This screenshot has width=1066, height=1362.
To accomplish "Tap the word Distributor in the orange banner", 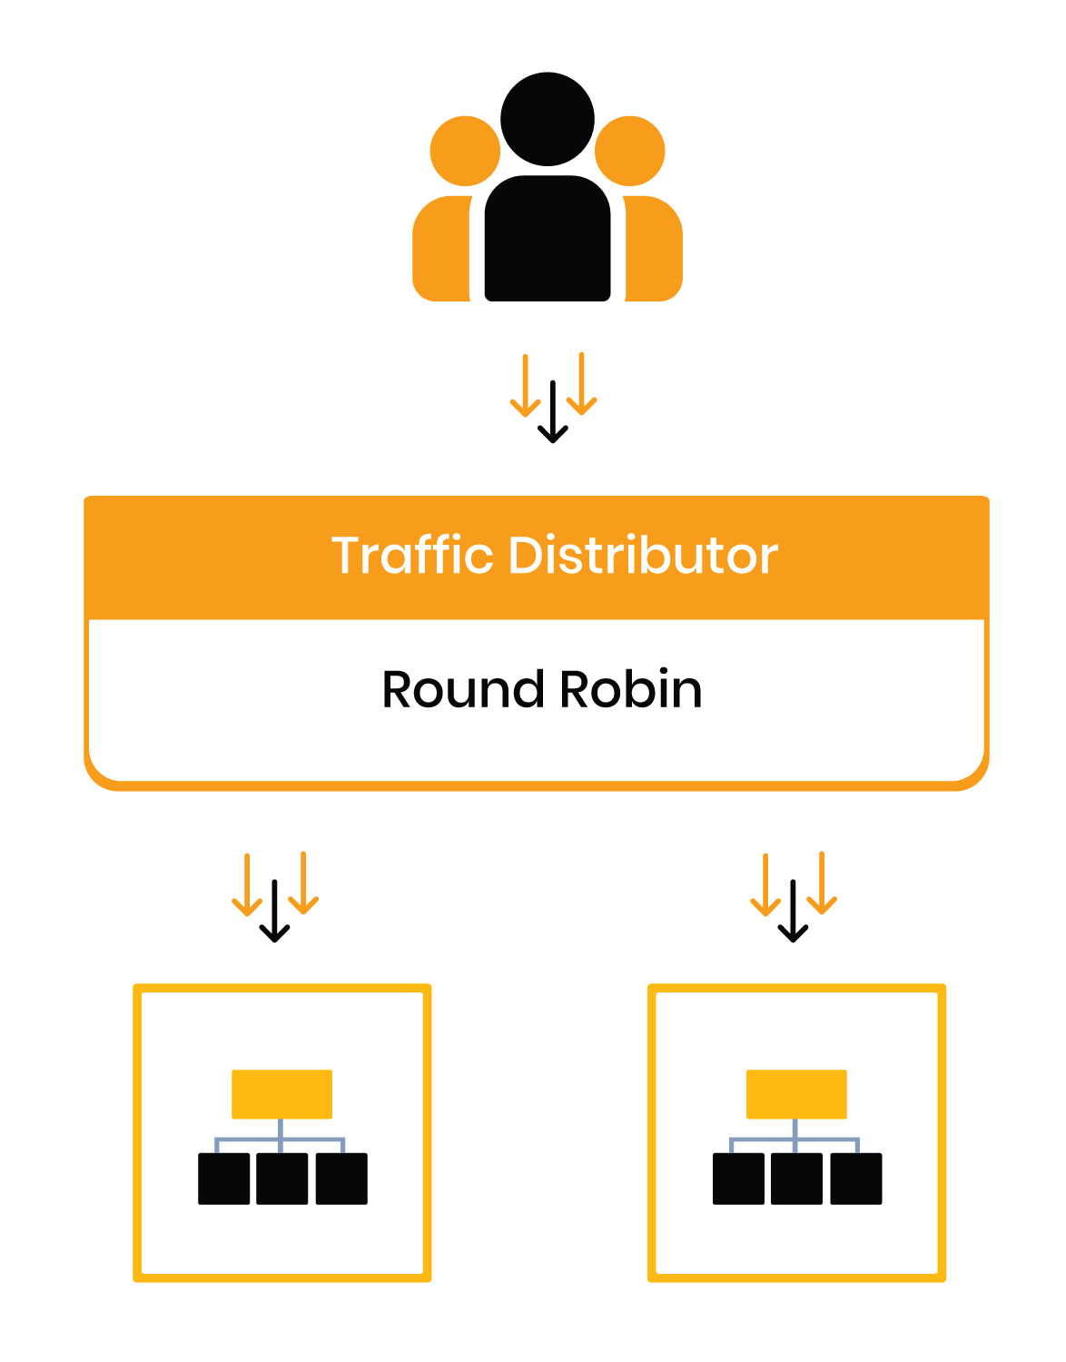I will click(x=643, y=555).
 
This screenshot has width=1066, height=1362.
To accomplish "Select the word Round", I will click(x=463, y=689).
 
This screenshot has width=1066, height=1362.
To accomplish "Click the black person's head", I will click(x=548, y=119).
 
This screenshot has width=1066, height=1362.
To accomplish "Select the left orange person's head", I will click(x=464, y=151).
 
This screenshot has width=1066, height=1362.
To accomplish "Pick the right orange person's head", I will click(x=631, y=151).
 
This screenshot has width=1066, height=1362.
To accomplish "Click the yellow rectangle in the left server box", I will click(x=281, y=1094).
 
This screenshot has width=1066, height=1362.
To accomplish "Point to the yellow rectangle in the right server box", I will click(x=796, y=1094).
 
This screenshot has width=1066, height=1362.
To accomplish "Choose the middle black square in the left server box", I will click(x=281, y=1179).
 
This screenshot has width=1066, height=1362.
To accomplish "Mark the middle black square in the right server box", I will click(x=796, y=1179).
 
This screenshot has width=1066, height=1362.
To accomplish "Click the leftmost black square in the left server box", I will click(x=223, y=1179).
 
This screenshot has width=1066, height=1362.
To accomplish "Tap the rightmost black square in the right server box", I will click(x=855, y=1179).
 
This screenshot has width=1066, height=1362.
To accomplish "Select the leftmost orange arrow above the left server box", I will click(x=246, y=884).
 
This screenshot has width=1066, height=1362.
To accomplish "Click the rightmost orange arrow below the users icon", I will click(x=581, y=384).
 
